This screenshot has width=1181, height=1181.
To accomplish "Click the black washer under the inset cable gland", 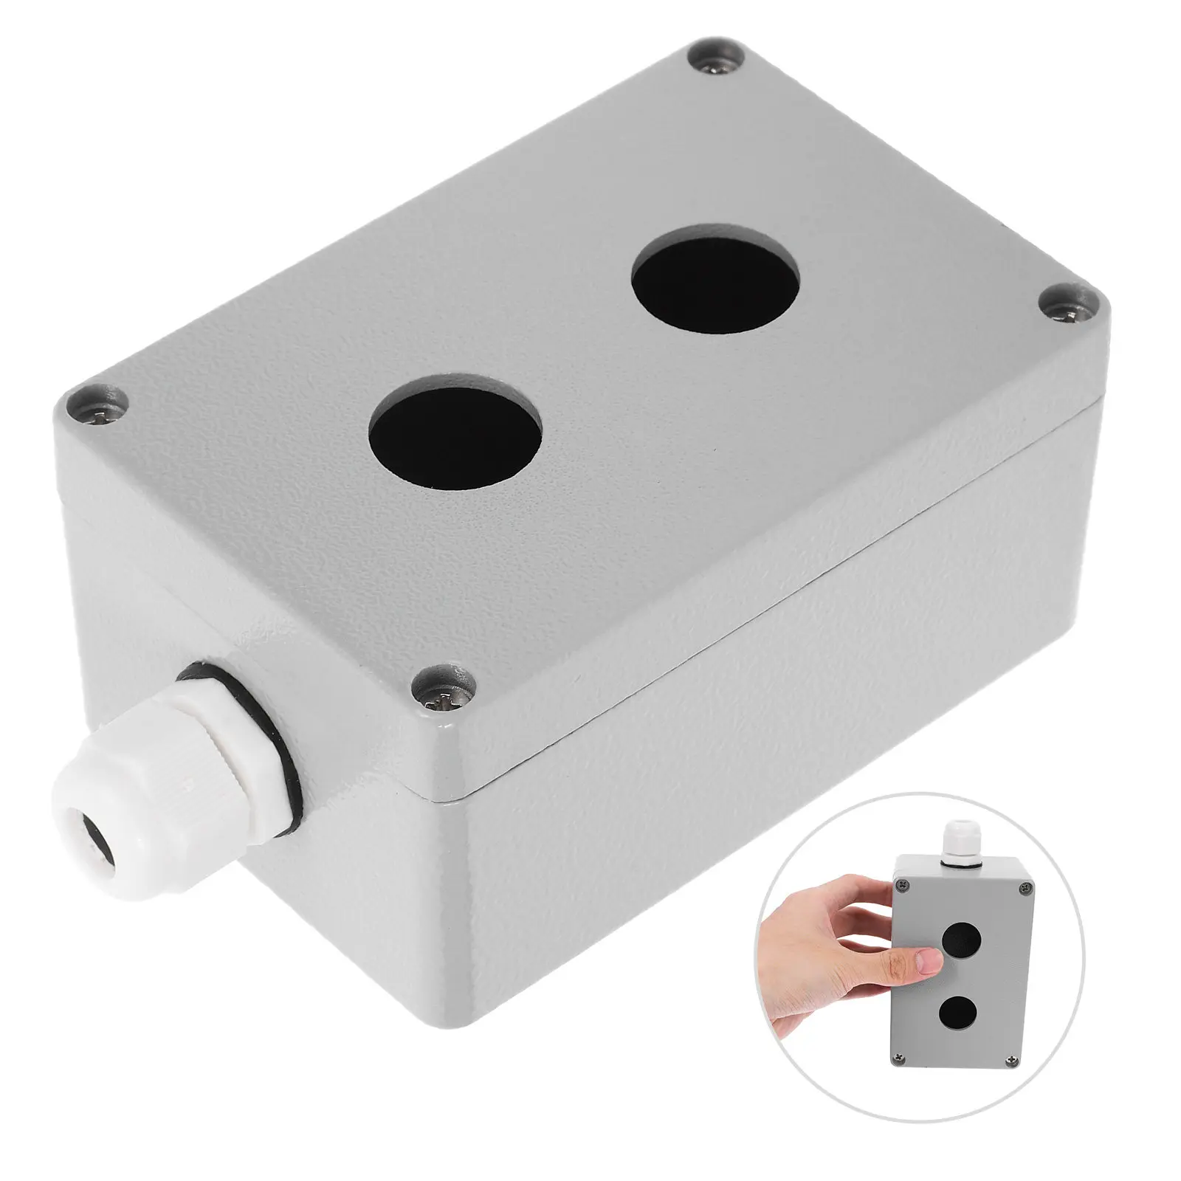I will [x=957, y=871].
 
